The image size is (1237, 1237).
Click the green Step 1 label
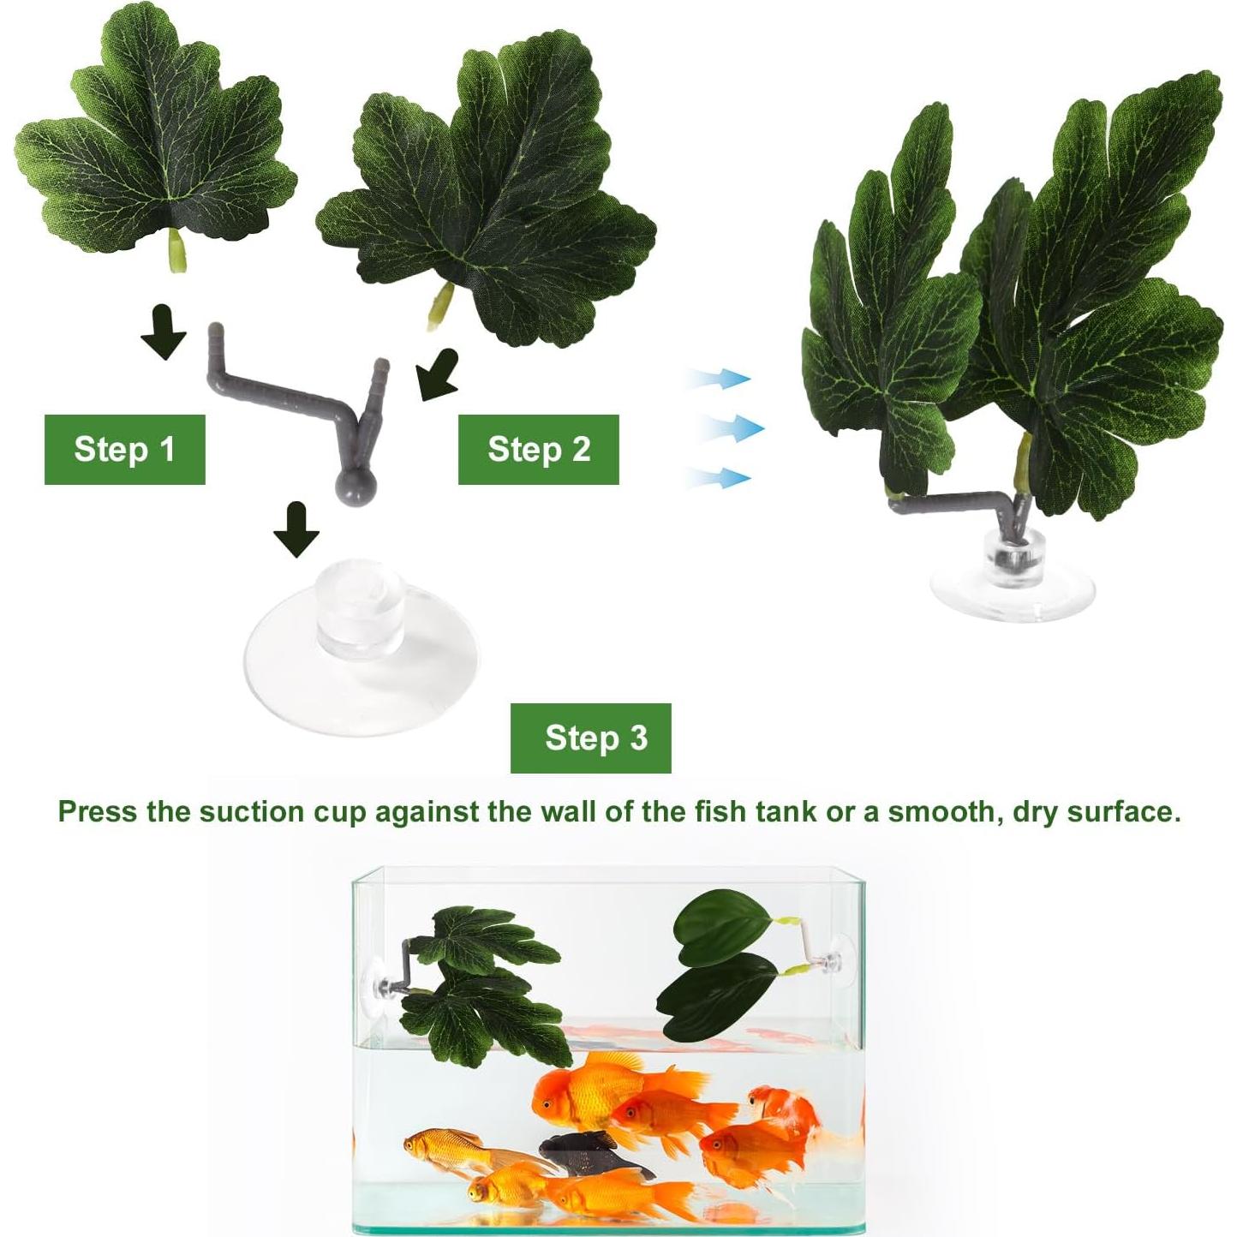(124, 449)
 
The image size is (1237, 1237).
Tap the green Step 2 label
(538, 449)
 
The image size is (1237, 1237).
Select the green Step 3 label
(591, 738)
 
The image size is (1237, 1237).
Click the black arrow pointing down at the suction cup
(296, 529)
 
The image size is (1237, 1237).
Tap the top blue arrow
(720, 378)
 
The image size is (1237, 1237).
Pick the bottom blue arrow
(720, 477)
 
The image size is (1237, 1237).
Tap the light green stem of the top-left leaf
(177, 251)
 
